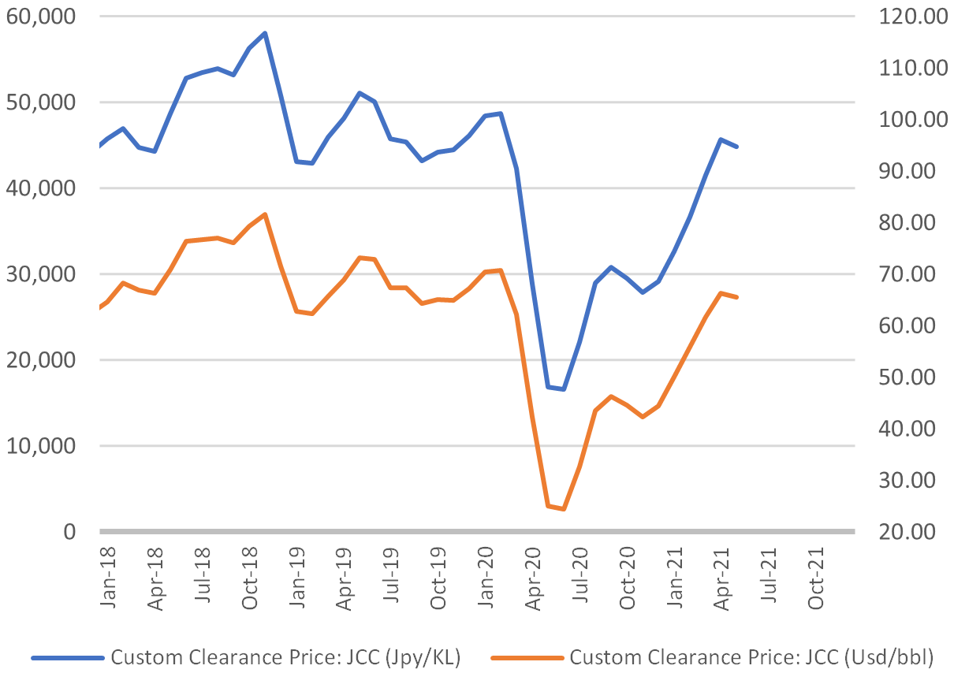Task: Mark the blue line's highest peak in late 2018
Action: [x=265, y=33]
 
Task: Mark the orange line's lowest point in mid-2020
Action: [x=563, y=509]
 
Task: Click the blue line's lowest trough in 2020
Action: [x=563, y=389]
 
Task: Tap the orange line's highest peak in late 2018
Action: [x=265, y=214]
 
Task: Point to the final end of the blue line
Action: [x=737, y=147]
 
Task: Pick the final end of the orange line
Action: [x=737, y=297]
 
